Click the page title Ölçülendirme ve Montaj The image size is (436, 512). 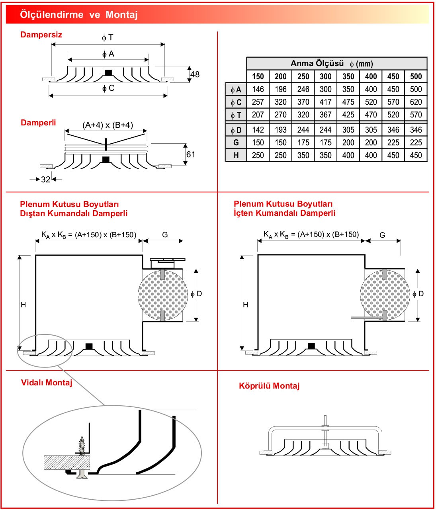coord(79,15)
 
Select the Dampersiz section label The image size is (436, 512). coord(41,35)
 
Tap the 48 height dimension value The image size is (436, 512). coord(195,74)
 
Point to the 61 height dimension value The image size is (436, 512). coord(191,154)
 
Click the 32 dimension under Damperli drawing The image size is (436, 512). coord(46,180)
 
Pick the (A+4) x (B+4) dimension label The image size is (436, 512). coord(108,125)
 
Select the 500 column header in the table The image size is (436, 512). coord(416,76)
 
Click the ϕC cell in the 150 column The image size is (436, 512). coord(258,102)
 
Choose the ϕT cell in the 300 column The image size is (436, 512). coord(325,115)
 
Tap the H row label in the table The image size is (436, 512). coord(236,155)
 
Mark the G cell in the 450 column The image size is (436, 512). coord(393,143)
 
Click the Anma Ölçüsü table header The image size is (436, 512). coord(332,63)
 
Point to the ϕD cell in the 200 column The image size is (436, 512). coord(280,130)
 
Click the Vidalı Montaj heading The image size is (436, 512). coord(47,383)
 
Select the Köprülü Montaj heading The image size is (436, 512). coord(269,386)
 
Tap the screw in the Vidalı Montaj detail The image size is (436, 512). coord(82,446)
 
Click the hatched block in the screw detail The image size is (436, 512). coord(66,462)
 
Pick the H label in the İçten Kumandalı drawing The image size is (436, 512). coord(245,305)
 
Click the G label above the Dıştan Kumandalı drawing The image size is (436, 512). coord(165,235)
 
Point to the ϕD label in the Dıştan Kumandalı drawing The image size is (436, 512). coord(196,294)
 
